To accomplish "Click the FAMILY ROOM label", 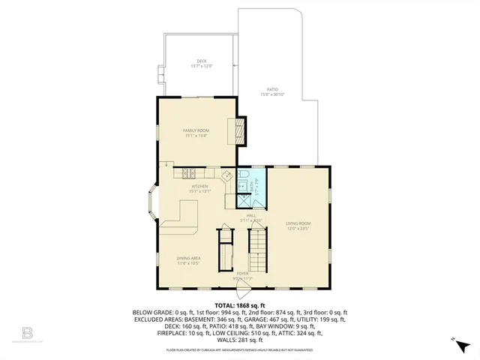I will [x=195, y=130].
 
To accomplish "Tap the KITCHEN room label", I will [x=199, y=186].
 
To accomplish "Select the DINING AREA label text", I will [x=188, y=258].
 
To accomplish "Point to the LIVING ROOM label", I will [x=298, y=223].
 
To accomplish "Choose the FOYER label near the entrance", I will [x=242, y=274].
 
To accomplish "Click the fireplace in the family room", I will [x=239, y=130].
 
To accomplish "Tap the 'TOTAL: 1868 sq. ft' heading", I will [x=240, y=305].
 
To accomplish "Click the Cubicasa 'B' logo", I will [x=27, y=332].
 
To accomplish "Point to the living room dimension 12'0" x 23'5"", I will [x=298, y=228].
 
